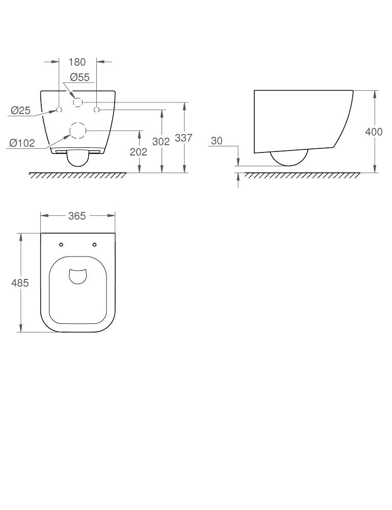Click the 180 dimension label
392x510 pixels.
click(77, 62)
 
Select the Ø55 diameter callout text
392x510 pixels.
click(80, 78)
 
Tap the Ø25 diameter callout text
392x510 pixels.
click(20, 110)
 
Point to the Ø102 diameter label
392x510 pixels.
click(22, 143)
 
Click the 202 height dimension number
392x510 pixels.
click(138, 152)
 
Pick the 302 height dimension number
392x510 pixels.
click(161, 142)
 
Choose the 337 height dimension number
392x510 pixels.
click(184, 138)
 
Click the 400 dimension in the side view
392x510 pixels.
click(374, 132)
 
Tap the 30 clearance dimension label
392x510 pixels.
click(217, 141)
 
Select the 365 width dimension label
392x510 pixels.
click(77, 216)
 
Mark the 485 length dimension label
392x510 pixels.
click(20, 283)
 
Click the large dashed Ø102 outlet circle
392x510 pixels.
click(77, 131)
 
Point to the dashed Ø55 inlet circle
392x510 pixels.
click(77, 103)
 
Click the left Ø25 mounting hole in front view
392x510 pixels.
click(59, 110)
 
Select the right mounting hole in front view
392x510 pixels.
click(97, 110)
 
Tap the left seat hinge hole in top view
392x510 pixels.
click(61, 245)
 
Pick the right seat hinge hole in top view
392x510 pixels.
click(94, 245)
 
